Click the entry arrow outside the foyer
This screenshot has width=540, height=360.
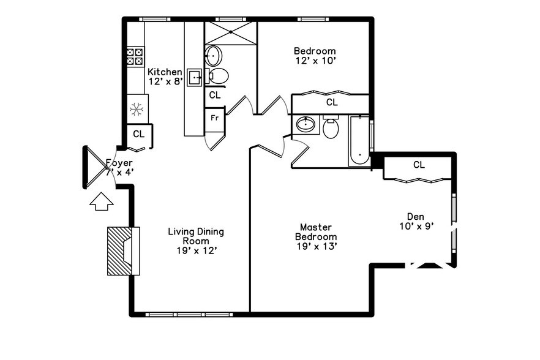[102, 201]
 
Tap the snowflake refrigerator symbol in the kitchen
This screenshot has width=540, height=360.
[137, 110]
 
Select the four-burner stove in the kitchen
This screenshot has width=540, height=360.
[135, 56]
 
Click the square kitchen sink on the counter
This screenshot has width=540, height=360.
[195, 77]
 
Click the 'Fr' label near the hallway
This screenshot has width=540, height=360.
[215, 118]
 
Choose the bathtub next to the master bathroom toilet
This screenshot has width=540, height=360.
[359, 141]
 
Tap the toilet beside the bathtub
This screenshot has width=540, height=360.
[331, 128]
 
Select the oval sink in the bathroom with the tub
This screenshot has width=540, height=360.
[306, 125]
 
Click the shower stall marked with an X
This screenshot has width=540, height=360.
[230, 33]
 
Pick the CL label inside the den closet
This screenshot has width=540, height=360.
[419, 165]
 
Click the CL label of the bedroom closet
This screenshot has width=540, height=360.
[331, 102]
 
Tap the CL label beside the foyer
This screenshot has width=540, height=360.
[138, 133]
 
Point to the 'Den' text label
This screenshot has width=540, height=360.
[416, 216]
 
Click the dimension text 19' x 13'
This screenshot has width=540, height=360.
[316, 246]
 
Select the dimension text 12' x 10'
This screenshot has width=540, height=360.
[315, 61]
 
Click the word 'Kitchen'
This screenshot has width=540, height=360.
[165, 72]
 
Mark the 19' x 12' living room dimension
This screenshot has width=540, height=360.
[196, 250]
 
